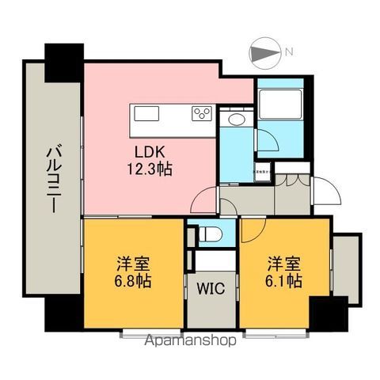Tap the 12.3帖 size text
(x=149, y=168)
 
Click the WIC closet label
(x=211, y=288)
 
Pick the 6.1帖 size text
(x=282, y=280)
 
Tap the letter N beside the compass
(x=290, y=53)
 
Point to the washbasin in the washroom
(x=235, y=120)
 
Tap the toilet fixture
(x=210, y=234)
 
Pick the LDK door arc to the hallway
(x=204, y=200)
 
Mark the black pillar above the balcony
(x=64, y=60)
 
